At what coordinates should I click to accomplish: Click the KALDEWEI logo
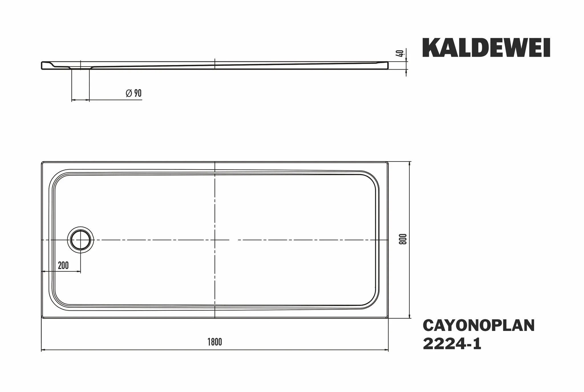coord(486,48)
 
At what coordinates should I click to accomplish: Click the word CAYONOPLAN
coord(479,325)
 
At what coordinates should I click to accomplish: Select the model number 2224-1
coord(452,344)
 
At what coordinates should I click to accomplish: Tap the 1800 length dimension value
coord(215,342)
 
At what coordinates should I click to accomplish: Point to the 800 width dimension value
coord(403,239)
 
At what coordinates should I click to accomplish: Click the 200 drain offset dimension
coord(63,265)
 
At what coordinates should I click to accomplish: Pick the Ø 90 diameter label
coord(134,93)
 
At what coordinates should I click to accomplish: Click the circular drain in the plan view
coord(80,240)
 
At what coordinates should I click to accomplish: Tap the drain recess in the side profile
coord(80,67)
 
